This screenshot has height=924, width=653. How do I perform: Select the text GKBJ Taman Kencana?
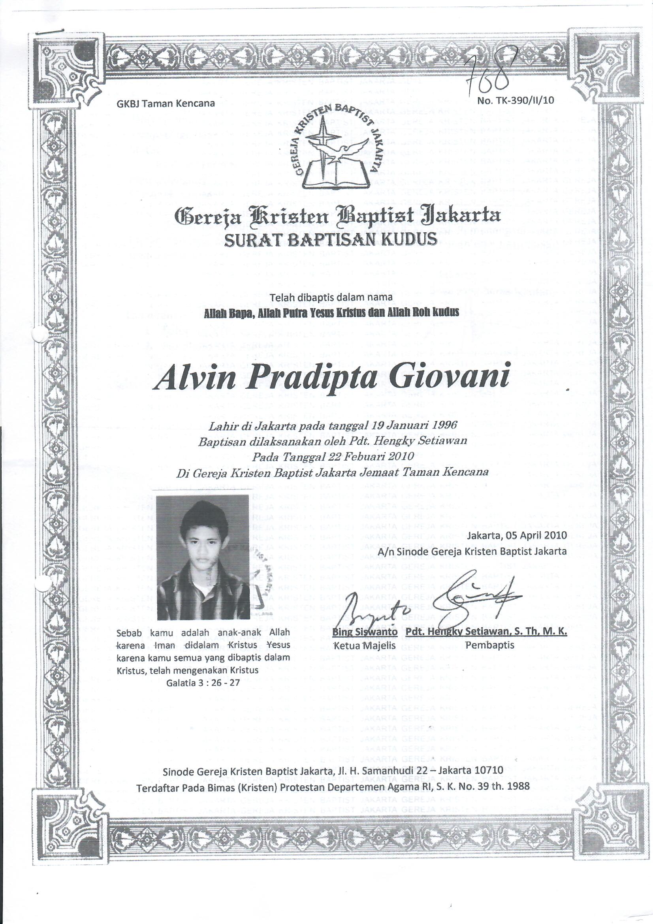166,104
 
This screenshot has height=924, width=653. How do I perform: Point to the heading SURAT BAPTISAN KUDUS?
330,240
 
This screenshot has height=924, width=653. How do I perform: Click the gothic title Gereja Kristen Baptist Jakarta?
337,216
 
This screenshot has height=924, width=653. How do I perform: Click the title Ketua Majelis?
365,645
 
